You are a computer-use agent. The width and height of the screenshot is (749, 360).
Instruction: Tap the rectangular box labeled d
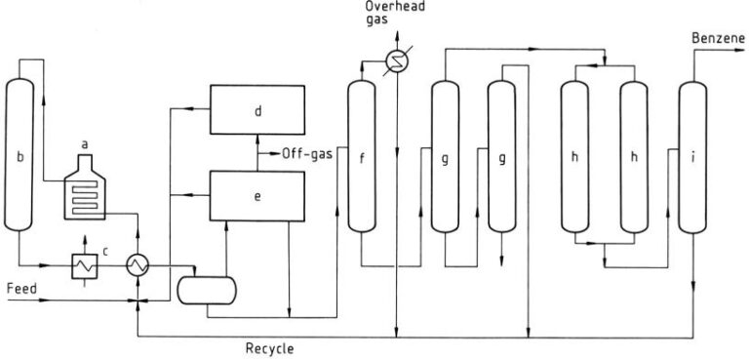pos(256,112)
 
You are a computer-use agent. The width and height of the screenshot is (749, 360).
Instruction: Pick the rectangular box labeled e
pos(256,193)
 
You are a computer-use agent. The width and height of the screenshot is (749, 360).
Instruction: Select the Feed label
pos(21,289)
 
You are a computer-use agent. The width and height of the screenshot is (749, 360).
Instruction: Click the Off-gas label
pos(308,153)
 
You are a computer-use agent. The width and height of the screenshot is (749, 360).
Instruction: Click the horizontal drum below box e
pos(207,289)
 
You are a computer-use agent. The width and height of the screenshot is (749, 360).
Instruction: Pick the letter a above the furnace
pos(86,144)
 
